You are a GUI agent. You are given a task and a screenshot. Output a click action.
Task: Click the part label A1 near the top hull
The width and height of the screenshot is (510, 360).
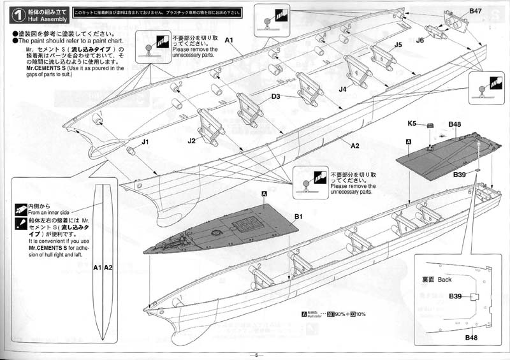coord(230,40)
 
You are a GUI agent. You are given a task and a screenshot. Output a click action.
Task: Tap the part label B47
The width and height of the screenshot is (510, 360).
coord(475,11)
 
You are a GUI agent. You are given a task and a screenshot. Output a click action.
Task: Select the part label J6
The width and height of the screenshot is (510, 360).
coord(419,40)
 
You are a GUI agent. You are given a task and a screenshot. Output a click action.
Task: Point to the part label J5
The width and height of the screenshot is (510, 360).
coord(398,45)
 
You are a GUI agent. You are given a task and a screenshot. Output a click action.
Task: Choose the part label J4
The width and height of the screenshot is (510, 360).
coord(342,89)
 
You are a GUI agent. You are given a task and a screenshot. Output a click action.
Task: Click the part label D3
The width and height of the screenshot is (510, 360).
coord(276,97)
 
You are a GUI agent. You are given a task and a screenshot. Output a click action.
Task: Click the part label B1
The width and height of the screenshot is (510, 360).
coord(298,217)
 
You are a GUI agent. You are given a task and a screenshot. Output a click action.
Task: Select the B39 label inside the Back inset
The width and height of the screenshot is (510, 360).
coord(455,296)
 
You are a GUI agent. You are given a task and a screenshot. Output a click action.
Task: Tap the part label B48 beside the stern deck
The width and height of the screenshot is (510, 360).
coord(455,124)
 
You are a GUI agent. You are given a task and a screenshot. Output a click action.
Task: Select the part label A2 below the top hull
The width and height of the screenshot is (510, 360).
coord(354,145)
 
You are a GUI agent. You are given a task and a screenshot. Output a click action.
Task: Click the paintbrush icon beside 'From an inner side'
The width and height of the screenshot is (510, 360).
coord(20,208)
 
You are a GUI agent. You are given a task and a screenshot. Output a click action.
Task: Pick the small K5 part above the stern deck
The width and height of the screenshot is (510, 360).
coord(430,126)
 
